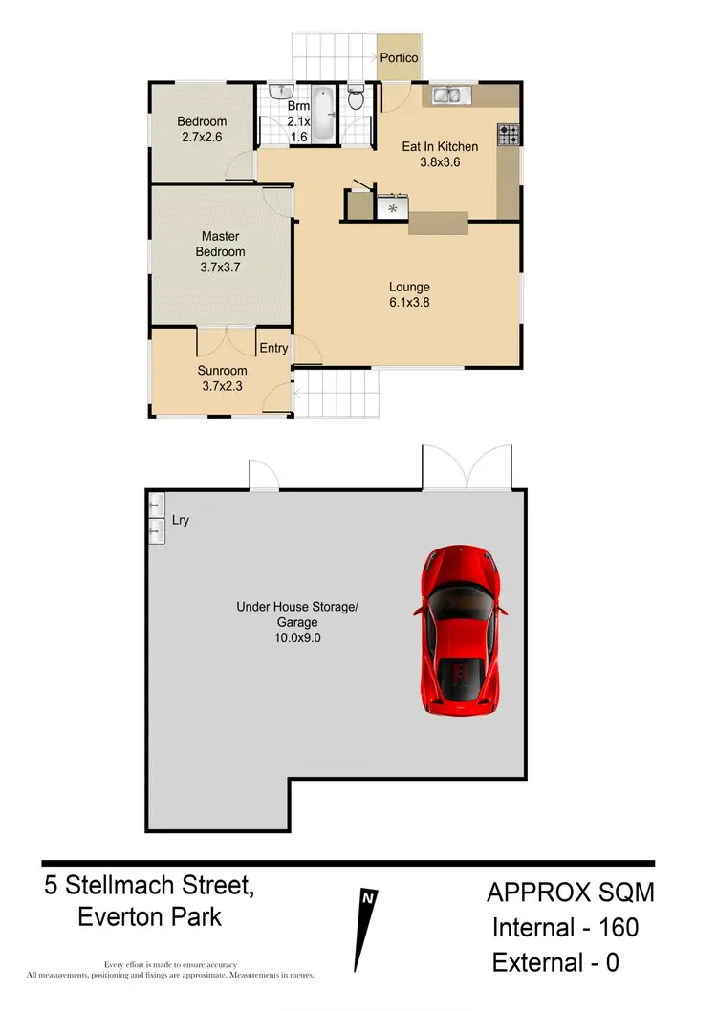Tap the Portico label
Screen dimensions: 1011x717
tap(399, 58)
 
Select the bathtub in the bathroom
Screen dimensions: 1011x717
tap(322, 114)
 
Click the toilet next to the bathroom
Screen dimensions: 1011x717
tap(356, 98)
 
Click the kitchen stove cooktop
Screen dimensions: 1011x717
tap(508, 134)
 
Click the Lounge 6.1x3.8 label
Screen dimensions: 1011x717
tap(409, 294)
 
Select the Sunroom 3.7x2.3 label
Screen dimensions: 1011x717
tap(223, 378)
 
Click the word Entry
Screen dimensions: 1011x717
tap(273, 348)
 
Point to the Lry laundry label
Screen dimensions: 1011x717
tap(181, 521)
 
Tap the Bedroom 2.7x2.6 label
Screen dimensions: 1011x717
tap(202, 129)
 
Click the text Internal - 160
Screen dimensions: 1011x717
tap(565, 926)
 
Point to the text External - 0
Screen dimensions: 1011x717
tap(555, 962)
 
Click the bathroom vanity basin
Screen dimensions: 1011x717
tap(278, 92)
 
